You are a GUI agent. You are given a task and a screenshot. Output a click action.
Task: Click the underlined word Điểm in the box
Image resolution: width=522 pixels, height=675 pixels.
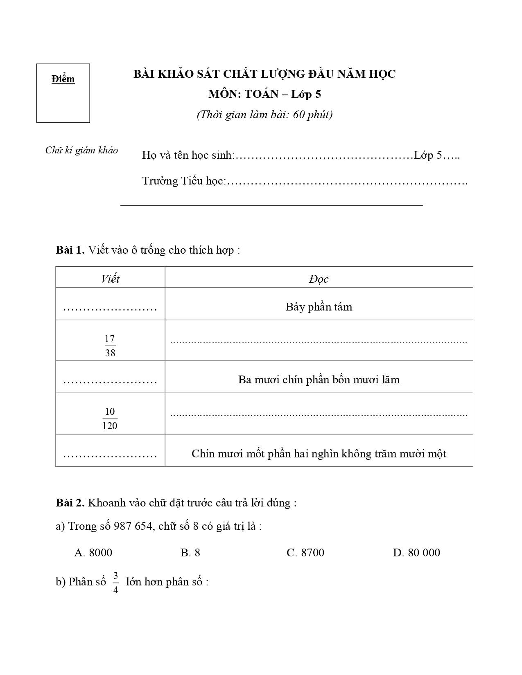(x=63, y=79)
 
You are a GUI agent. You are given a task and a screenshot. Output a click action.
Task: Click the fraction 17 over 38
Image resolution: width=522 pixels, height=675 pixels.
(x=110, y=346)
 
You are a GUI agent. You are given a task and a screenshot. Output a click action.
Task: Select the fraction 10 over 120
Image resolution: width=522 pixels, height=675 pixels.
(x=110, y=418)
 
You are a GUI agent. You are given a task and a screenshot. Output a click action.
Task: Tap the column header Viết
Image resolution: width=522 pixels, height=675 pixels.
(x=110, y=279)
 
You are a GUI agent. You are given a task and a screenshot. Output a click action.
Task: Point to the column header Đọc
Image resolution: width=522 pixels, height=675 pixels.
(x=319, y=279)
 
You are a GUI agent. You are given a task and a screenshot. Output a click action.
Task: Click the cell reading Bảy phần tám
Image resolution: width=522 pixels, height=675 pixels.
(x=319, y=307)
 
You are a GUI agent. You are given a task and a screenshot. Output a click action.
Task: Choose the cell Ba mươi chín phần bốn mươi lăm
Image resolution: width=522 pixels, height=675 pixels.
(x=319, y=380)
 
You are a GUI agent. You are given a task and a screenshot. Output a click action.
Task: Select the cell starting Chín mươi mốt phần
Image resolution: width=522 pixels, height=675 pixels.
(x=319, y=453)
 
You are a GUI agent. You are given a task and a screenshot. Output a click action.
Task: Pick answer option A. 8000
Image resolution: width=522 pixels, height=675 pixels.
(x=93, y=553)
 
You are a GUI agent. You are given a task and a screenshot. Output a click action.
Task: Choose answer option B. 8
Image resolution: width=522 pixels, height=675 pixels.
(x=190, y=553)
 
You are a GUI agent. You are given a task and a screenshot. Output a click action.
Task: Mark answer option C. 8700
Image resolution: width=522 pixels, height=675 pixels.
(x=305, y=553)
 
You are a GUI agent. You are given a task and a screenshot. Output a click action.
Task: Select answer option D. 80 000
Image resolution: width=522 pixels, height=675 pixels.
(x=416, y=553)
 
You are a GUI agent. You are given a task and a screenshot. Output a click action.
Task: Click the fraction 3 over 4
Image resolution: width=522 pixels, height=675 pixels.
(x=115, y=583)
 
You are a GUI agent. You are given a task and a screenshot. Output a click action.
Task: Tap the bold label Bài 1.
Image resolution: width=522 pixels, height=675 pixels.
(x=70, y=250)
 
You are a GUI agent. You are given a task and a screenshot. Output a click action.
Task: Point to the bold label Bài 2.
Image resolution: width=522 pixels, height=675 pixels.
(x=70, y=503)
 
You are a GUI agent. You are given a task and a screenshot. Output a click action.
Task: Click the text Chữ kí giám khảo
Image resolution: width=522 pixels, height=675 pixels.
(x=81, y=150)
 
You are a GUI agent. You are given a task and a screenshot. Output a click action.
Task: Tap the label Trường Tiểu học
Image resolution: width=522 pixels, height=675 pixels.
(x=183, y=181)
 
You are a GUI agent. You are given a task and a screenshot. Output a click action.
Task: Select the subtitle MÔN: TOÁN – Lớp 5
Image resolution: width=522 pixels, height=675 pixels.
(x=264, y=94)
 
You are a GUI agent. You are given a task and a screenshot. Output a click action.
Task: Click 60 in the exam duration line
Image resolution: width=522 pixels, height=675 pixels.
(x=299, y=115)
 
